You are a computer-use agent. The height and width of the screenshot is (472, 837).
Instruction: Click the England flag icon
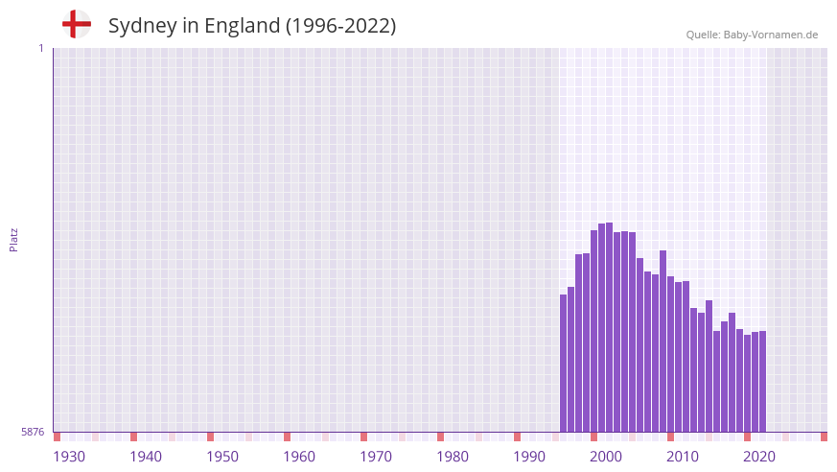(76, 24)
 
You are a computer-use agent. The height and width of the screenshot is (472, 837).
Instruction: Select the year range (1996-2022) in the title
(340, 26)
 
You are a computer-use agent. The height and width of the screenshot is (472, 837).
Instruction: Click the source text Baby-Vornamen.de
(770, 35)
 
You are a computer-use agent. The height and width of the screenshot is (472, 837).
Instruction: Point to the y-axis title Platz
(13, 240)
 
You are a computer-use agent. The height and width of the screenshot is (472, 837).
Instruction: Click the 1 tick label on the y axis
(40, 48)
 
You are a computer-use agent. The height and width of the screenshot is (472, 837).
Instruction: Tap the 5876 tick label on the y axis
(33, 432)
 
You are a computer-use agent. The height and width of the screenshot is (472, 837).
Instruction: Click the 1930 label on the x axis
(69, 457)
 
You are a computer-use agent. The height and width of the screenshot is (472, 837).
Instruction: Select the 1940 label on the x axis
(146, 457)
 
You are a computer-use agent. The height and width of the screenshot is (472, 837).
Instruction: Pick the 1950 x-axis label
(222, 457)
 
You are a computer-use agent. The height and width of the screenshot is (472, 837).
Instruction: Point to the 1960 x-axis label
(299, 457)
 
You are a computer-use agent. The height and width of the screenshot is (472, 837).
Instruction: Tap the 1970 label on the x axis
(376, 457)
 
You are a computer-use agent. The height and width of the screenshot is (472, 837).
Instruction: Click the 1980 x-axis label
(453, 457)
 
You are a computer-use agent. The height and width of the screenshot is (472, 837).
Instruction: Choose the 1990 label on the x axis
(529, 457)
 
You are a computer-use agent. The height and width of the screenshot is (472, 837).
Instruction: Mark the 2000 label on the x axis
(606, 457)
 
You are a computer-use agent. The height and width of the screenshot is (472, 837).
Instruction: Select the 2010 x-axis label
(683, 457)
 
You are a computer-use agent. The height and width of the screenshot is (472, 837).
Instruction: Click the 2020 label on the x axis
(759, 457)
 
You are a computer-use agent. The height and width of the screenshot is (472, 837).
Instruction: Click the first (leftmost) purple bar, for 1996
(564, 365)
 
